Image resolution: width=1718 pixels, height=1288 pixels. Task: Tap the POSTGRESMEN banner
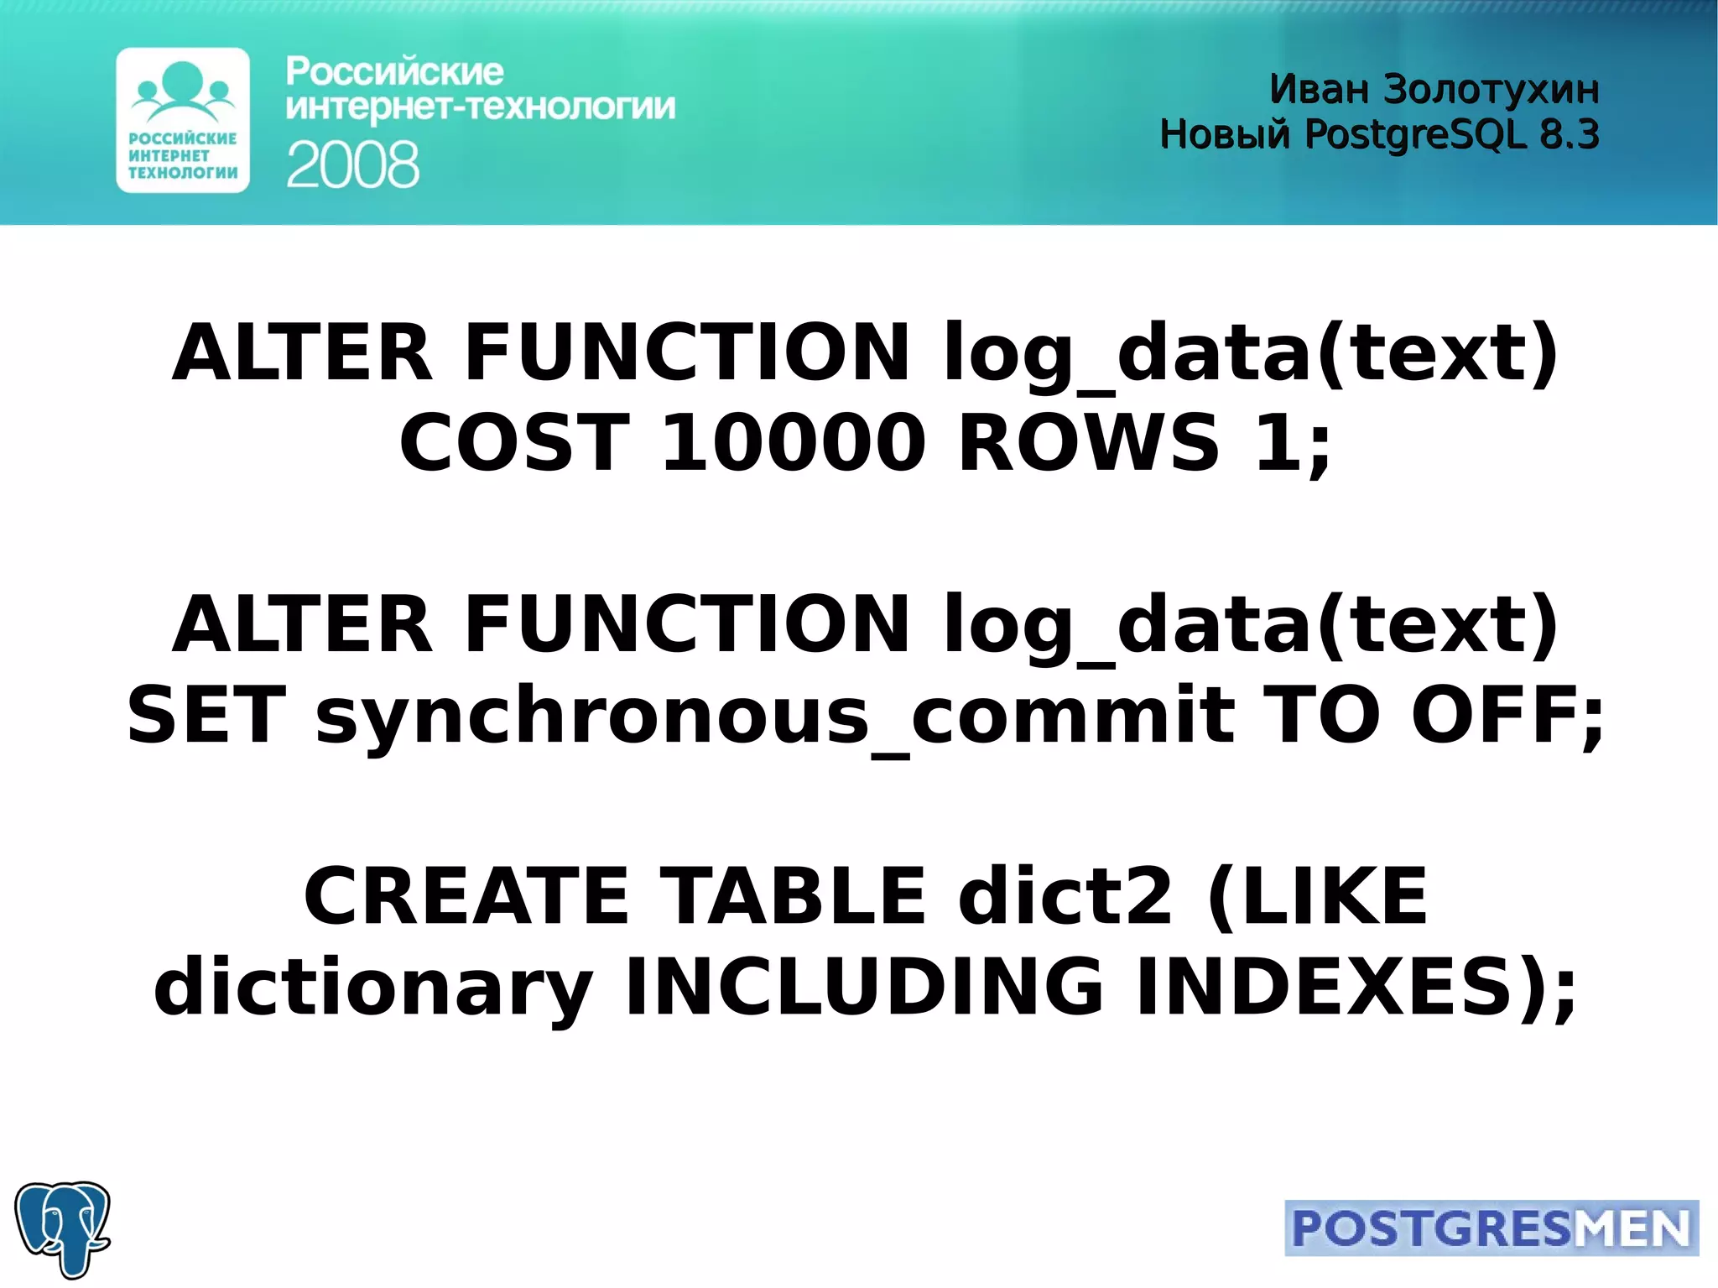click(x=1491, y=1228)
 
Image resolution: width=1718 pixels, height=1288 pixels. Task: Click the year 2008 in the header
click(x=352, y=164)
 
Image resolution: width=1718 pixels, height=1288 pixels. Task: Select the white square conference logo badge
click(x=183, y=120)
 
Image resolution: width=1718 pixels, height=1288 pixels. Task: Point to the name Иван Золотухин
click(x=1434, y=89)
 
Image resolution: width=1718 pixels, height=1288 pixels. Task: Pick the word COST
click(x=514, y=442)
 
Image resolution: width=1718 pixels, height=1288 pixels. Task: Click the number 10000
click(x=793, y=442)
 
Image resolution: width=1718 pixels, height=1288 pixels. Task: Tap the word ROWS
click(x=1088, y=442)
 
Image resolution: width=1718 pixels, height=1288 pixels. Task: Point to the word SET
click(x=206, y=714)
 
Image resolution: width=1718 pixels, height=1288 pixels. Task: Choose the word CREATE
click(x=466, y=896)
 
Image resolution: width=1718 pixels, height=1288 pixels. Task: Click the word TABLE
click(x=793, y=896)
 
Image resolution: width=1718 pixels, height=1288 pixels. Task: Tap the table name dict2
click(x=1065, y=896)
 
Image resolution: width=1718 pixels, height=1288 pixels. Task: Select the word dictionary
click(x=373, y=988)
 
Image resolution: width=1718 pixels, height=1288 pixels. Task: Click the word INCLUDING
click(x=864, y=986)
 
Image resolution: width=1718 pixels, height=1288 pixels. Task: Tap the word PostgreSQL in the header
click(x=1414, y=134)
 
